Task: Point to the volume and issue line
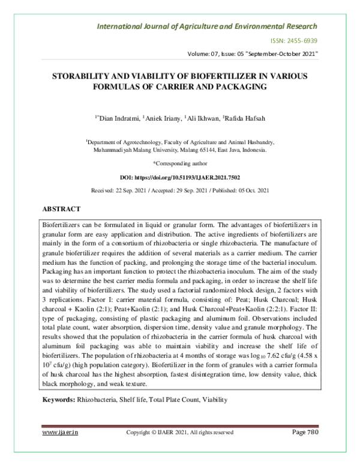point(253,55)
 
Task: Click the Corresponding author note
point(180,163)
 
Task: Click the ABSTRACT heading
point(61,209)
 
